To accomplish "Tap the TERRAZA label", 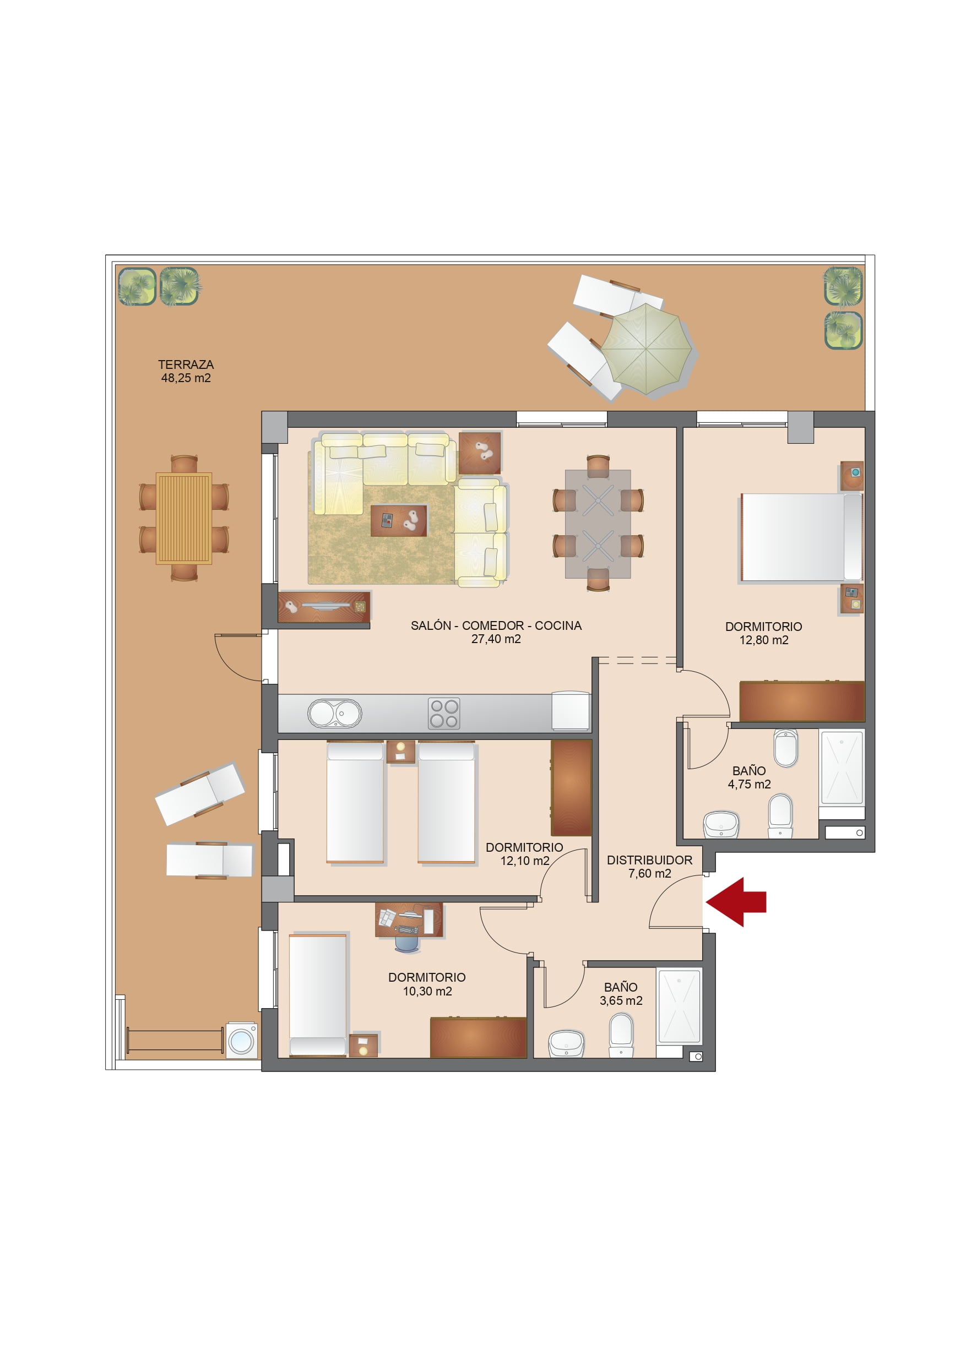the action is (186, 364).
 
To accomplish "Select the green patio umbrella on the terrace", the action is (647, 349).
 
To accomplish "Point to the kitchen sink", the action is (334, 714).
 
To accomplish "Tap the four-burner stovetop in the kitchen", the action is (444, 714).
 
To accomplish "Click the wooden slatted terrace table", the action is (184, 518).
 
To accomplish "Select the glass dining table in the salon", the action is (598, 524).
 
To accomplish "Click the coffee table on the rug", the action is (399, 521).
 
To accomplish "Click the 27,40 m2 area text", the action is (496, 639).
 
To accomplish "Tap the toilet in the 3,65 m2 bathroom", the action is (621, 1035).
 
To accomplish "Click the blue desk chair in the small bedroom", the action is (408, 942).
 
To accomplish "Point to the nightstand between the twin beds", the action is (400, 752).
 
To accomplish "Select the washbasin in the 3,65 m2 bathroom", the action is (566, 1043).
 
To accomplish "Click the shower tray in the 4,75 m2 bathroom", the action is (842, 768).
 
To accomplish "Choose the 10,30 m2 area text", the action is (427, 991).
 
